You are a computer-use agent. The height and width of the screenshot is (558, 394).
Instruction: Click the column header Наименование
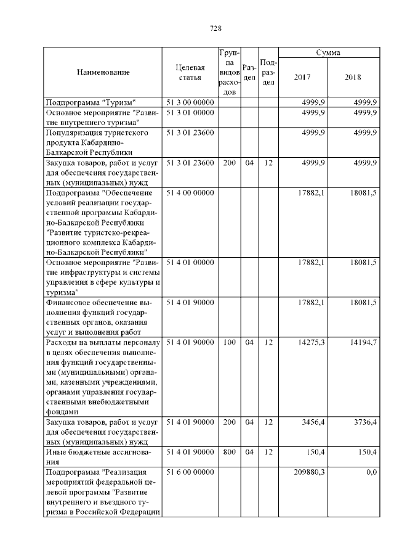(x=103, y=73)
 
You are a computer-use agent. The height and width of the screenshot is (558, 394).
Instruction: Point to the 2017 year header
(x=302, y=78)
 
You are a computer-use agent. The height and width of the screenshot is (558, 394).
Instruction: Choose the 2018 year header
(x=353, y=78)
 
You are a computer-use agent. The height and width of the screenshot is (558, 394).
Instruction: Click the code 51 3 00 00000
(x=190, y=102)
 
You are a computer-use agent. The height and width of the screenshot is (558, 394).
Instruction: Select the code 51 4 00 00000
(x=190, y=193)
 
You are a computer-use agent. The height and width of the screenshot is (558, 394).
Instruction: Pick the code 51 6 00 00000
(x=190, y=472)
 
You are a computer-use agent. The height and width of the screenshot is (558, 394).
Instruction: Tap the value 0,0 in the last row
(x=371, y=472)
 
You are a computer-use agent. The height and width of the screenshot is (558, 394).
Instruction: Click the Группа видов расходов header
(x=228, y=73)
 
